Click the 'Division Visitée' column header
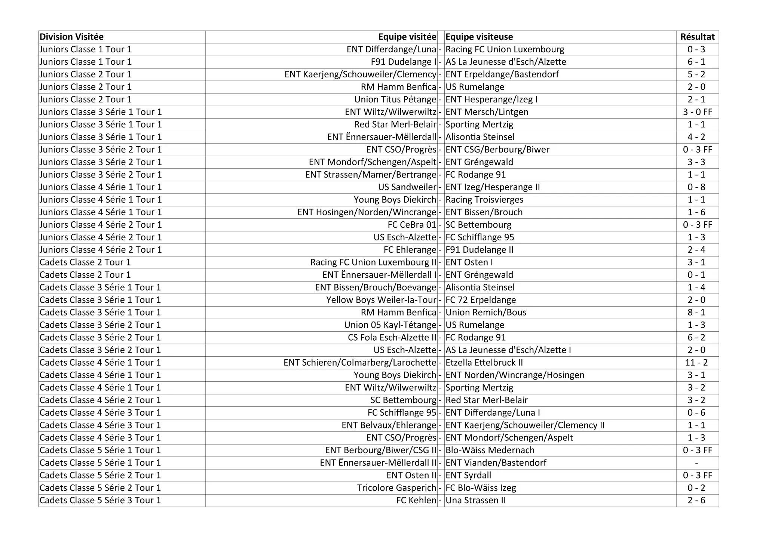71,37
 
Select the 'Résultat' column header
697,37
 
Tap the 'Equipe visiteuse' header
479,37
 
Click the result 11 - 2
697,363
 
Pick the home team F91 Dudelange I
404,62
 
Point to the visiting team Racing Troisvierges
484,200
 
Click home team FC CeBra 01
412,225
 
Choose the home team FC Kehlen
416,500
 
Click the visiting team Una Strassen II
475,500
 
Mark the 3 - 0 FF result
697,112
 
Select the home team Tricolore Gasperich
396,488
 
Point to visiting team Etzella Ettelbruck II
484,363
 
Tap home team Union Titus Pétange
395,99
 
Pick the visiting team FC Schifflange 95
480,237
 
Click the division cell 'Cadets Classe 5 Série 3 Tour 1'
100,500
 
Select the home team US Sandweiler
407,187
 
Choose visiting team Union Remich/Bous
486,313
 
